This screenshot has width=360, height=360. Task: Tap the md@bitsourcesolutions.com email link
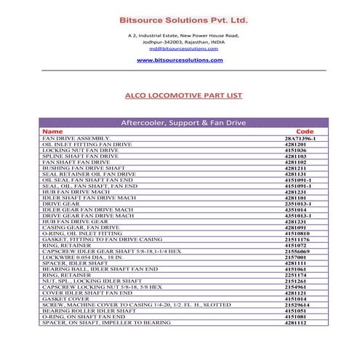[180, 48]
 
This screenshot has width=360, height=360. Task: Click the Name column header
[53, 132]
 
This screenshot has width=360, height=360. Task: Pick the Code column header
[305, 132]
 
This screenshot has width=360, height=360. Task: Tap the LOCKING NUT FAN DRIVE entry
[80, 151]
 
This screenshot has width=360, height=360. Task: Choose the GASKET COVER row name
[65, 298]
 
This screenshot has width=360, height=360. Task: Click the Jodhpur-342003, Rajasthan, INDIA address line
[180, 41]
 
